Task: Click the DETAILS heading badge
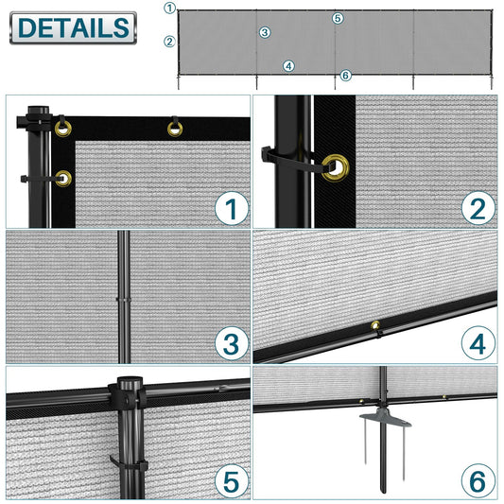pos(74,27)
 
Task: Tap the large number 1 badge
pos(231,208)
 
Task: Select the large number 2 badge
pos(478,208)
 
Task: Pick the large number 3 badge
pos(231,343)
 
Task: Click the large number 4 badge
pos(478,344)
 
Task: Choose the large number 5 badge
pos(231,481)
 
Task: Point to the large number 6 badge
pos(478,481)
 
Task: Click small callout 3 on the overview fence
pos(265,32)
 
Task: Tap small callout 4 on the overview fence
pos(288,66)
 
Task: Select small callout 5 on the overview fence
pos(338,18)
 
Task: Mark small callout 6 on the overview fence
pos(345,76)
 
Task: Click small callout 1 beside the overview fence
pos(169,8)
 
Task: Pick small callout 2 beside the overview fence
pos(169,42)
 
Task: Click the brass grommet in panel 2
pos(336,167)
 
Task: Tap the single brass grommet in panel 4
pos(375,325)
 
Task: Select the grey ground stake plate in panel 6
pos(386,418)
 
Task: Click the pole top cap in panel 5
pos(130,383)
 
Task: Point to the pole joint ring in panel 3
pos(124,300)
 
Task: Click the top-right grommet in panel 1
pos(175,129)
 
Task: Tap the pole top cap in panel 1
pos(38,110)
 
